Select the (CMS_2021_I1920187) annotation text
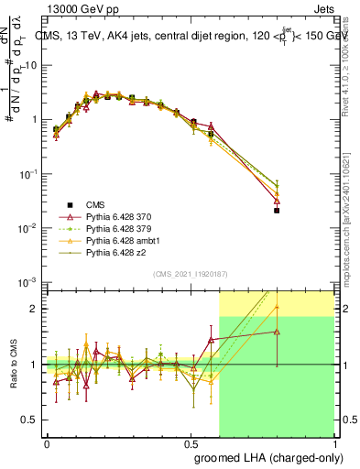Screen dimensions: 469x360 point(190,273)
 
